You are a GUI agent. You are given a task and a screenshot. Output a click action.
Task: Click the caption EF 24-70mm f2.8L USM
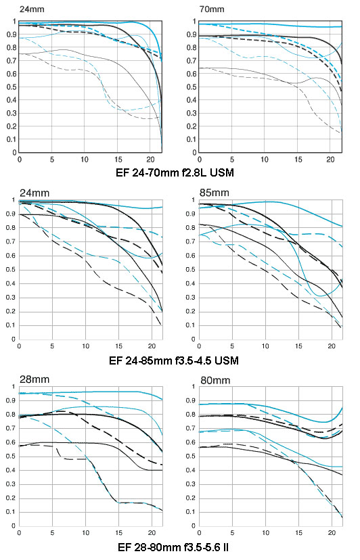pyautogui.click(x=175, y=173)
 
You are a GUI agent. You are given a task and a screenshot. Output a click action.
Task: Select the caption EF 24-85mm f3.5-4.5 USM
pyautogui.click(x=174, y=360)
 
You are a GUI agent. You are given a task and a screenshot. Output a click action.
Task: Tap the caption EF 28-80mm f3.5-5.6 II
pyautogui.click(x=173, y=546)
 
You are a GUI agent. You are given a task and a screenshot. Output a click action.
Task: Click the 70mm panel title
pyautogui.click(x=212, y=9)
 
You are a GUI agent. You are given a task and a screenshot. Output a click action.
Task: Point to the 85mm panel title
pyautogui.click(x=214, y=193)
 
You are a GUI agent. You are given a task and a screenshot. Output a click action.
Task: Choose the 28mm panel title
pyautogui.click(x=35, y=379)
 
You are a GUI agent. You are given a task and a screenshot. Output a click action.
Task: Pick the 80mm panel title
pyautogui.click(x=215, y=380)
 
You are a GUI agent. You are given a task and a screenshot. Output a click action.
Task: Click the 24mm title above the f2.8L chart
pyautogui.click(x=32, y=9)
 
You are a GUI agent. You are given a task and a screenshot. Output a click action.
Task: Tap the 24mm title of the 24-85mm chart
pyautogui.click(x=35, y=193)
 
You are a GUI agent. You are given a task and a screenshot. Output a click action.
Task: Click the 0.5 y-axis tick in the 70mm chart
pyautogui.click(x=192, y=87)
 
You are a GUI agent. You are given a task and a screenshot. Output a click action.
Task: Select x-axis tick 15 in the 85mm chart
pyautogui.click(x=298, y=346)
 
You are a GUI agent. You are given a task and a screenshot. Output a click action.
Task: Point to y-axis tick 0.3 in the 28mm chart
pyautogui.click(x=11, y=484)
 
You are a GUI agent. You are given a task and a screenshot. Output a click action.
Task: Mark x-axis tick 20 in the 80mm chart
pyautogui.click(x=332, y=533)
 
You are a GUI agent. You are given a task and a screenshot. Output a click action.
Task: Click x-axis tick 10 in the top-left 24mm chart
pyautogui.click(x=85, y=160)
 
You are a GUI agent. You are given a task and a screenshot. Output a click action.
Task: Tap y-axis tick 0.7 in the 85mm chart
pyautogui.click(x=191, y=241)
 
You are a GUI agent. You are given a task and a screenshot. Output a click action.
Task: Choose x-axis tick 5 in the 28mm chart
pyautogui.click(x=52, y=533)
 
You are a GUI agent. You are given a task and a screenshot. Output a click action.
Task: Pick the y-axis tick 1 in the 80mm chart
pyautogui.click(x=194, y=386)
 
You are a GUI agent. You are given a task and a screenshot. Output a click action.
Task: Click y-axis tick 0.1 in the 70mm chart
pyautogui.click(x=192, y=139)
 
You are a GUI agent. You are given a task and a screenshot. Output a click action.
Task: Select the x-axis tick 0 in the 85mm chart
pyautogui.click(x=199, y=346)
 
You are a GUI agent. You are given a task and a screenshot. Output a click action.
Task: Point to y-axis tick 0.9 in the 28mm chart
pyautogui.click(x=11, y=400)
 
